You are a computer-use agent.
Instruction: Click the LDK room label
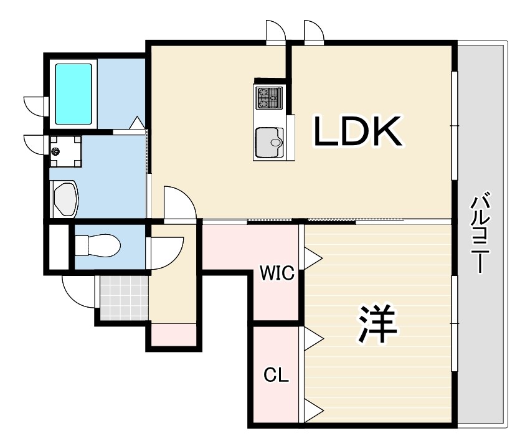(x=358, y=131)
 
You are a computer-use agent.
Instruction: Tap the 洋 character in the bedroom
(x=377, y=323)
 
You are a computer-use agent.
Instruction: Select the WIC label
(x=277, y=273)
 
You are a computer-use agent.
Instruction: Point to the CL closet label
(x=276, y=374)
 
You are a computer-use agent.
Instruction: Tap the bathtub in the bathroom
(x=73, y=94)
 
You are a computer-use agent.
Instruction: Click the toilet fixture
(x=97, y=245)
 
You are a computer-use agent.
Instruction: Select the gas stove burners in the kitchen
(x=269, y=97)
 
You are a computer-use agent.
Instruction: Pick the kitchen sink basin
(x=270, y=143)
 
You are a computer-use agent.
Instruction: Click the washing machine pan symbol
(x=65, y=151)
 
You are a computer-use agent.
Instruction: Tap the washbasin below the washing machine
(x=65, y=199)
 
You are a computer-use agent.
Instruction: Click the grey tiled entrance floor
(x=125, y=298)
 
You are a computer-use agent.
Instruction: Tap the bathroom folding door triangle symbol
(x=137, y=123)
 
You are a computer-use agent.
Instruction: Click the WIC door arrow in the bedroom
(x=313, y=259)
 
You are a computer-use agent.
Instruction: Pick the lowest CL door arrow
(x=314, y=410)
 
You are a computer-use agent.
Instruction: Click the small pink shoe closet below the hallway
(x=174, y=334)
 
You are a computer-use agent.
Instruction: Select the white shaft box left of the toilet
(x=59, y=247)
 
